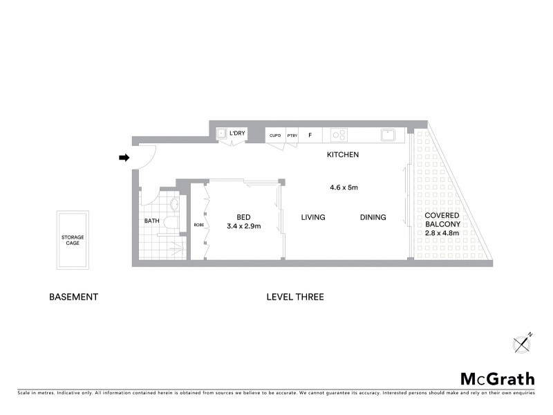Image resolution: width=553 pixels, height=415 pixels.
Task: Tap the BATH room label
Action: [x=151, y=221]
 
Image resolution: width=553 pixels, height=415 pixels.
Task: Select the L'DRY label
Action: [x=238, y=133]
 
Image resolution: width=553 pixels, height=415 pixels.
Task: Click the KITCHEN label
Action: [x=343, y=155]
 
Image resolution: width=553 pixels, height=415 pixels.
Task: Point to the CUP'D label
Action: [x=275, y=136]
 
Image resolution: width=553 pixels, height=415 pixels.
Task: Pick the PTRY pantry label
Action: [x=292, y=136]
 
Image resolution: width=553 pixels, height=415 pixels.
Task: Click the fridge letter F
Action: [x=310, y=135]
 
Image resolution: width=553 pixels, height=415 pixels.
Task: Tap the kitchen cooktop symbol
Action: [x=339, y=135]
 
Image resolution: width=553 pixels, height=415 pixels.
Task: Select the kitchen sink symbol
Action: [x=388, y=134]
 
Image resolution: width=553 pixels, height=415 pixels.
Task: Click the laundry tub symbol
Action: [x=222, y=134]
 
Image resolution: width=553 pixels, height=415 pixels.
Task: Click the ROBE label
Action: [x=198, y=225]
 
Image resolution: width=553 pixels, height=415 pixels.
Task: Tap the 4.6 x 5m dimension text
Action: [x=343, y=187]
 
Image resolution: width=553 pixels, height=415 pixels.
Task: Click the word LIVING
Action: [x=313, y=218]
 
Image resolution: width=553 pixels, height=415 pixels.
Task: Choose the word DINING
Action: [x=373, y=218]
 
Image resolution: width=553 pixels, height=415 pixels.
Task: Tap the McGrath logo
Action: [x=498, y=378]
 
